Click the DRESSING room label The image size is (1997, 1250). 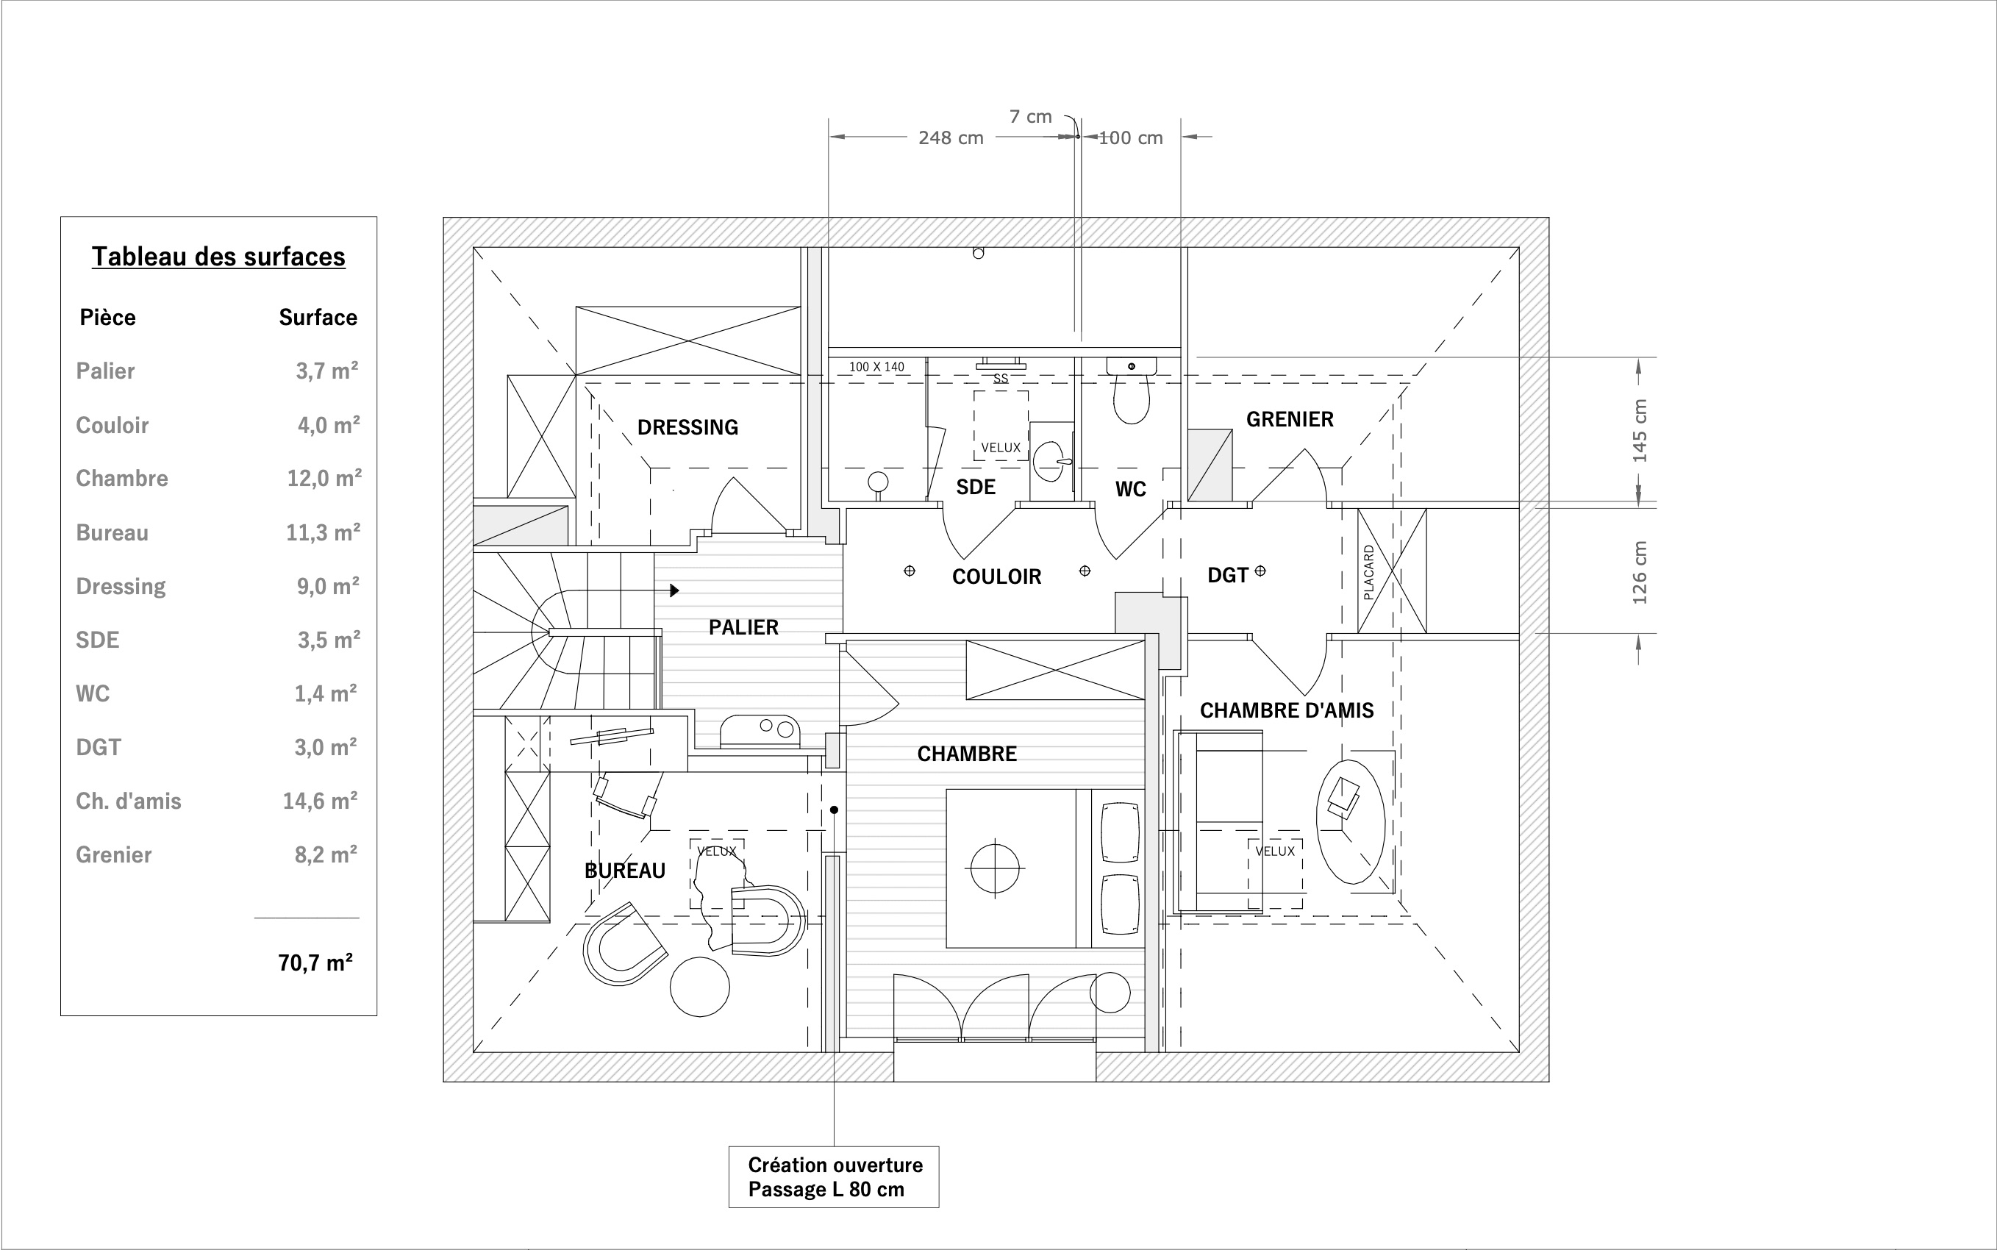[x=687, y=427]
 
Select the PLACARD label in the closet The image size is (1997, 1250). [x=1368, y=572]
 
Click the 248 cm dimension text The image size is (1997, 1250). [x=951, y=138]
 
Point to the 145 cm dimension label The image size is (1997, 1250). [x=1640, y=431]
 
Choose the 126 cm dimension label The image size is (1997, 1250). [x=1640, y=572]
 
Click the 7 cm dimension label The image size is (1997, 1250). [x=1030, y=117]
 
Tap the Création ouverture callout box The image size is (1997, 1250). [x=833, y=1176]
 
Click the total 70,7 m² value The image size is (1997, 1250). [x=315, y=963]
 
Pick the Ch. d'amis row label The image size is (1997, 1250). [x=128, y=801]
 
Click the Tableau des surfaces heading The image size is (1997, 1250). [x=218, y=257]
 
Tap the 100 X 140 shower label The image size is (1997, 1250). [x=876, y=366]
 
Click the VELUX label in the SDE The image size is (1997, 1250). [x=1000, y=448]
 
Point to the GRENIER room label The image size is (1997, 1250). [x=1290, y=419]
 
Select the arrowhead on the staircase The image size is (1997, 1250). [x=674, y=590]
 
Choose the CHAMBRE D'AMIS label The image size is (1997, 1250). [x=1286, y=710]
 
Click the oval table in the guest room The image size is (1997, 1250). [x=1350, y=823]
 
